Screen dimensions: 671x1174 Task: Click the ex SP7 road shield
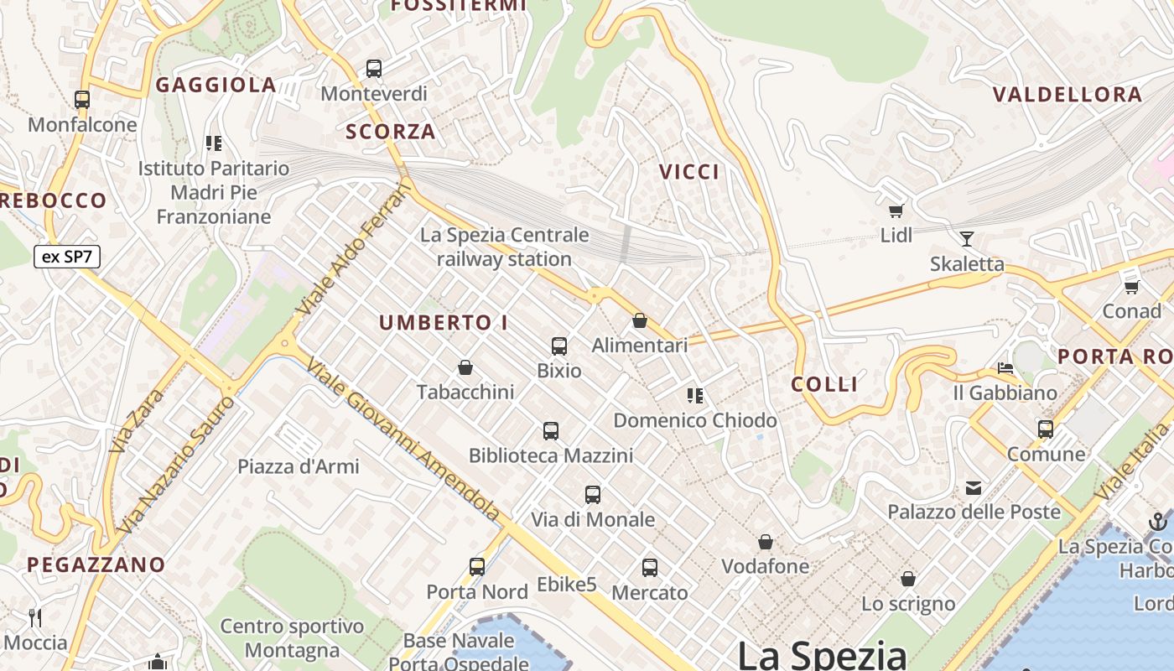pos(67,257)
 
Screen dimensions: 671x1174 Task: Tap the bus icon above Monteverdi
pos(374,69)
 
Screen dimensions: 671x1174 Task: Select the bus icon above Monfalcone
pos(82,100)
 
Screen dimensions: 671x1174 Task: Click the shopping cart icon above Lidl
pos(896,211)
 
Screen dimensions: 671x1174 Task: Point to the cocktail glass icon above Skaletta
pos(967,239)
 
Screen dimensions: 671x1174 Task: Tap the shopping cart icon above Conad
pos(1131,287)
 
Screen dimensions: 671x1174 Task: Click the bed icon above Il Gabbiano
pos(1005,368)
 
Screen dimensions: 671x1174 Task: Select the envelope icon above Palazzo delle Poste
pos(974,487)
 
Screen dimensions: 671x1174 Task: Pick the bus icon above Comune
pos(1046,429)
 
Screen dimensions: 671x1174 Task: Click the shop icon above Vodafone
pos(766,542)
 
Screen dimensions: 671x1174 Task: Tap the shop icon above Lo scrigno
pos(908,579)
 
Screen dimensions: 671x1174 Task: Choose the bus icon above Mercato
pos(650,568)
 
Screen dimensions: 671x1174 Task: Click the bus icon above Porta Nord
pos(477,567)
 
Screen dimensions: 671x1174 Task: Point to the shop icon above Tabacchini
pos(465,367)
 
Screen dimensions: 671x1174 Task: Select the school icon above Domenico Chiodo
pos(694,395)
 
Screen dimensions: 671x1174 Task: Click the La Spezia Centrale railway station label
pos(504,247)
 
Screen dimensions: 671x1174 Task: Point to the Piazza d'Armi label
pos(299,466)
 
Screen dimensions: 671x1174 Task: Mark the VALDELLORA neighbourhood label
pos(1068,95)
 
